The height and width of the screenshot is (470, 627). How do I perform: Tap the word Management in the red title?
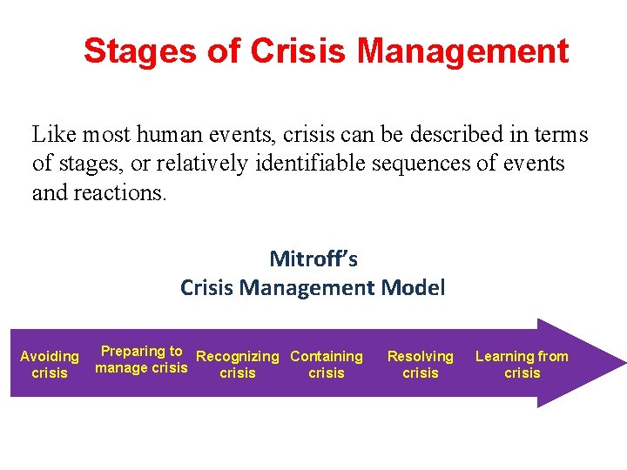click(x=462, y=51)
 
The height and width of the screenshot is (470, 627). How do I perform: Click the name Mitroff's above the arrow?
click(x=313, y=258)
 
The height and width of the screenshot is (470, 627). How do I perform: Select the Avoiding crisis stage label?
click(x=50, y=365)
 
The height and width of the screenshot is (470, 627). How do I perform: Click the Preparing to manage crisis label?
click(x=141, y=359)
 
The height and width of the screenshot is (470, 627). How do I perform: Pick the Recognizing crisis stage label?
click(x=238, y=365)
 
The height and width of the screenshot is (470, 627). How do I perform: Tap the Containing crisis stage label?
click(x=327, y=365)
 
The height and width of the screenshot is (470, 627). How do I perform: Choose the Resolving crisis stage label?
click(x=421, y=365)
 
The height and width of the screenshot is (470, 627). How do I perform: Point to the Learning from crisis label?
click(x=522, y=365)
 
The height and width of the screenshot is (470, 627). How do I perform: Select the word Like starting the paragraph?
click(x=50, y=135)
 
